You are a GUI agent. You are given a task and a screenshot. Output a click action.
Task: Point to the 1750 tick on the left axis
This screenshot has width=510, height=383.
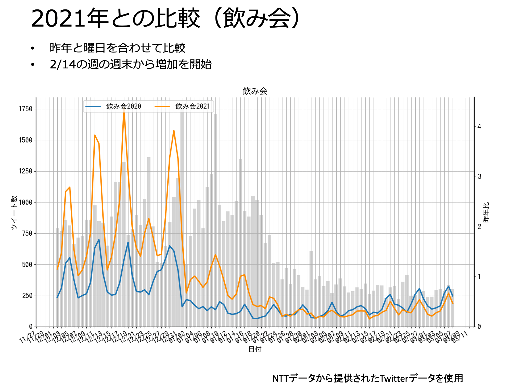(x=25, y=109)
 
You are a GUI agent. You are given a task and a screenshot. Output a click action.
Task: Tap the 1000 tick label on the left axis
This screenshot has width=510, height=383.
(x=25, y=202)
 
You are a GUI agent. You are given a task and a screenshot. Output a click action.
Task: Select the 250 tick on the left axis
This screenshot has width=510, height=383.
(x=27, y=296)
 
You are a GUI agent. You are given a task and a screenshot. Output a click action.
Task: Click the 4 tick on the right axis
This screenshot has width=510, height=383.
(x=479, y=127)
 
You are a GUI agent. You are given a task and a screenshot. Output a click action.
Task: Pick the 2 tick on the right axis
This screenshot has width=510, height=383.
(x=479, y=227)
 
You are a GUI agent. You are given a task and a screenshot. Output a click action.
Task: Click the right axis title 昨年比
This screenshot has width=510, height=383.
(x=486, y=212)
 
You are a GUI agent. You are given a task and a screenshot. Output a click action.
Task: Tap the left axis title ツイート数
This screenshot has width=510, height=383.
(x=14, y=212)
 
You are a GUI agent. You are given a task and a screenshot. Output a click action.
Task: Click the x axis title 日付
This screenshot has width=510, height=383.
(x=255, y=349)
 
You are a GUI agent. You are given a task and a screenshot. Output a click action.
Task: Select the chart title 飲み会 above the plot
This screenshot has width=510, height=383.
(x=255, y=91)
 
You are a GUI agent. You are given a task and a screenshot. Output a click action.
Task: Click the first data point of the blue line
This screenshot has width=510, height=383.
(x=57, y=297)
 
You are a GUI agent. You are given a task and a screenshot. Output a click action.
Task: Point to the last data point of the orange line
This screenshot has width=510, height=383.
(x=453, y=304)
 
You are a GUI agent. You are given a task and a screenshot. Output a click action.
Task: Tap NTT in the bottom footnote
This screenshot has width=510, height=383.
(x=280, y=378)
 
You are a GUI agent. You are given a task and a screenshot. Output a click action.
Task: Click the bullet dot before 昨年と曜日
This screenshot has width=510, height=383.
(x=32, y=48)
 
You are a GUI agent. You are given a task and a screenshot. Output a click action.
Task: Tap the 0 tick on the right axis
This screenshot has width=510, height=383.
(x=479, y=327)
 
